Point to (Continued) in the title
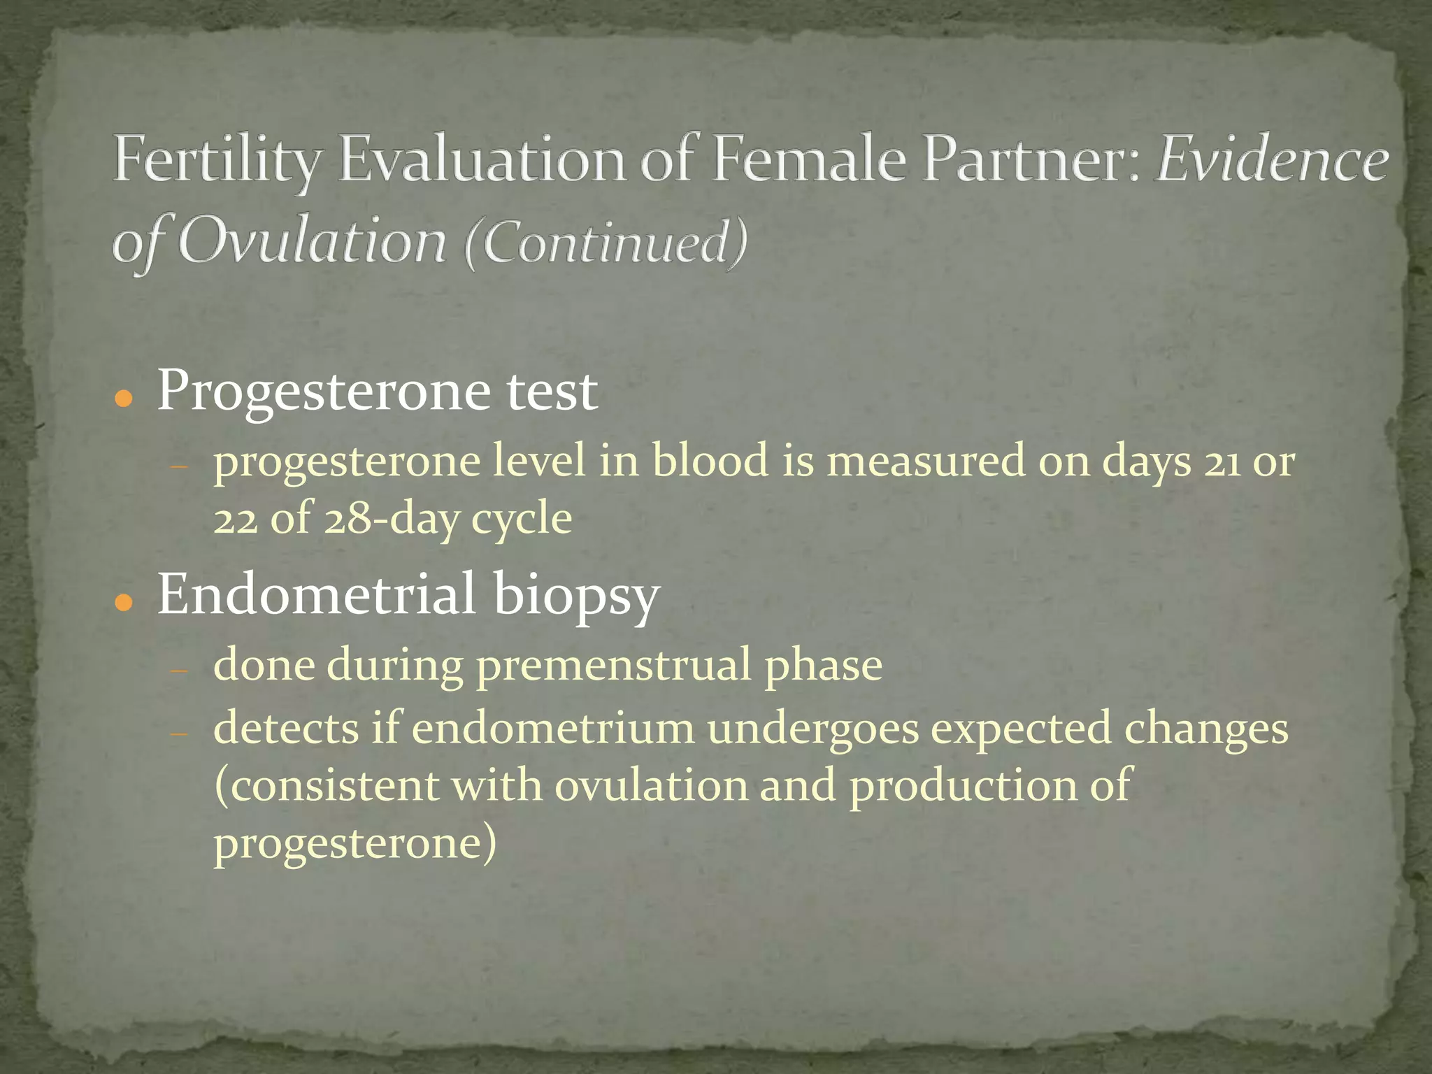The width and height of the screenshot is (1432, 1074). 606,243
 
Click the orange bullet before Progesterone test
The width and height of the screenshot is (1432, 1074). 124,399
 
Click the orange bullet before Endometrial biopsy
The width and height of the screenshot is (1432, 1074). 124,602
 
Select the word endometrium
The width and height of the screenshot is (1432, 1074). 552,729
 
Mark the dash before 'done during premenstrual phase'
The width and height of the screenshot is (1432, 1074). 180,670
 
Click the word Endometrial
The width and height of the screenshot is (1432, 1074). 316,594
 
